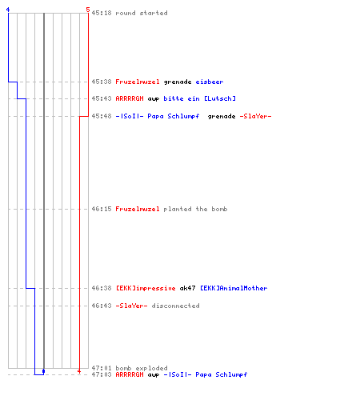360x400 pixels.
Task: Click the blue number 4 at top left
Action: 8,10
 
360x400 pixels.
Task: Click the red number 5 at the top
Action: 88,10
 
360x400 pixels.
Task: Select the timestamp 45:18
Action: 102,13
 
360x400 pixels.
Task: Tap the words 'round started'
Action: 142,13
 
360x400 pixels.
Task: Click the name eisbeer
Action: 210,82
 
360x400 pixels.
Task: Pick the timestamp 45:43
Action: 102,98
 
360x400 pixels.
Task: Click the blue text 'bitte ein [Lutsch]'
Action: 200,98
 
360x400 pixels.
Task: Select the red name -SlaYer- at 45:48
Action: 255,116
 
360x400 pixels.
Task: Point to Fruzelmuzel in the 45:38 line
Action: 138,82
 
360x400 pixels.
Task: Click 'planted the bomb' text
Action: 195,209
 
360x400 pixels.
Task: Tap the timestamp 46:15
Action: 102,209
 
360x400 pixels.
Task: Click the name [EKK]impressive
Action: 146,288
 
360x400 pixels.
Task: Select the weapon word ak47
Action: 188,288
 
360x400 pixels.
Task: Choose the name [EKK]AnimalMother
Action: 234,288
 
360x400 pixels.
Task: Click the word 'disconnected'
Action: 175,306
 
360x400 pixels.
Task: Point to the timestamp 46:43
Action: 102,306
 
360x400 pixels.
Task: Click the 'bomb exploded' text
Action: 142,368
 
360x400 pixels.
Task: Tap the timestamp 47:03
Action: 102,374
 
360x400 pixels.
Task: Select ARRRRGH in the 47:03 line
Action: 130,374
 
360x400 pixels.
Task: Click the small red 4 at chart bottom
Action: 79,371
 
